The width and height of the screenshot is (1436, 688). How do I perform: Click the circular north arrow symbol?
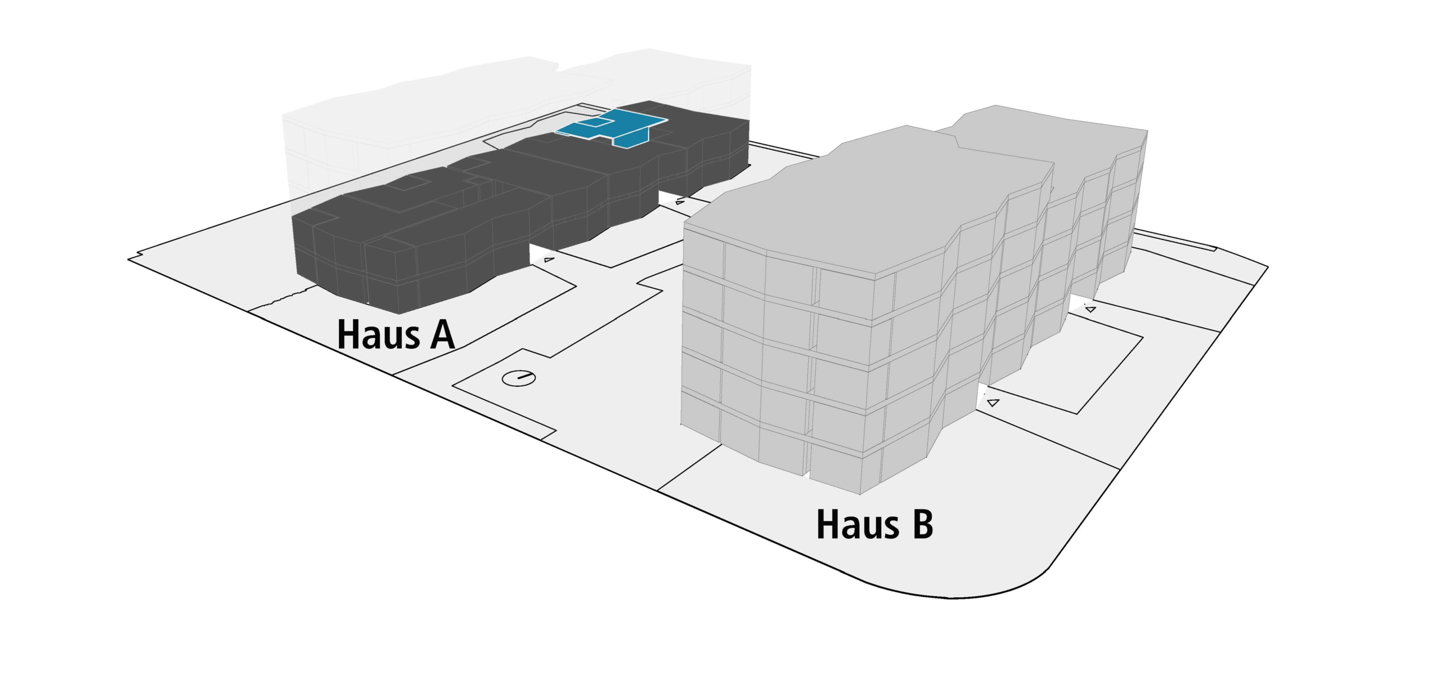pyautogui.click(x=518, y=378)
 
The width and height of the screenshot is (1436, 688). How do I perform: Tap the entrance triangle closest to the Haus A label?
pyautogui.click(x=549, y=260)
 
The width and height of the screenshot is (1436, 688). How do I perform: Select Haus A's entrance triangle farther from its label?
pyautogui.click(x=680, y=202)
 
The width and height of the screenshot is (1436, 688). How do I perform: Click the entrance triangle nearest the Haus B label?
pyautogui.click(x=993, y=402)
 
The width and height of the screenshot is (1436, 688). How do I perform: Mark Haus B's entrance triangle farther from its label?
pyautogui.click(x=1090, y=309)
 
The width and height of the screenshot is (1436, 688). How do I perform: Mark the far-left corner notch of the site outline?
pyautogui.click(x=132, y=259)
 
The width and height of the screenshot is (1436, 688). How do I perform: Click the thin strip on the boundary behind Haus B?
pyautogui.click(x=1178, y=242)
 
